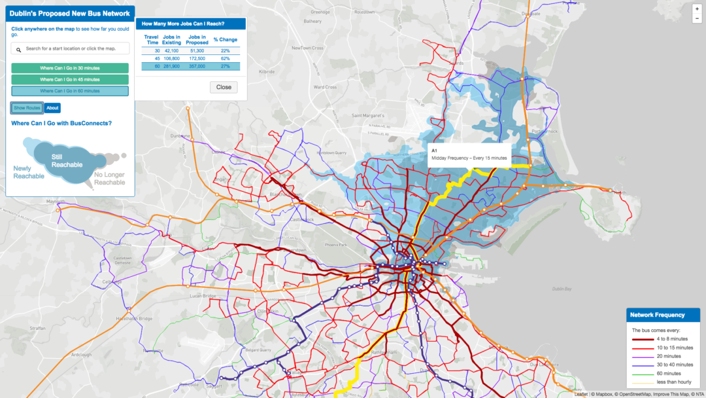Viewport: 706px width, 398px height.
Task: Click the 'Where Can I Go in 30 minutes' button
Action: (x=70, y=68)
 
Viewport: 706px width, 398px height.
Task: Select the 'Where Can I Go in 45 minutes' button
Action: (x=70, y=79)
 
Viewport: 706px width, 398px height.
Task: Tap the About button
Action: (x=52, y=108)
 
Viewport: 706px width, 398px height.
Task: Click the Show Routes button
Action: (x=27, y=108)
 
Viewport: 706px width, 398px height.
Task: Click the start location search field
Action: (x=70, y=48)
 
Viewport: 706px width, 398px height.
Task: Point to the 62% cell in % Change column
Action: (x=225, y=58)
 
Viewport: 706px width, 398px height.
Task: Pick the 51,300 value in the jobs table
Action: (x=197, y=50)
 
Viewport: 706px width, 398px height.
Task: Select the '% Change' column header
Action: (x=225, y=40)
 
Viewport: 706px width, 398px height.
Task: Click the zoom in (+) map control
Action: (x=697, y=9)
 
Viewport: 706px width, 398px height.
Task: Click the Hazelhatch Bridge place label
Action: (x=133, y=319)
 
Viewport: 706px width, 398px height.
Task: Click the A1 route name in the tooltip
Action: (x=434, y=150)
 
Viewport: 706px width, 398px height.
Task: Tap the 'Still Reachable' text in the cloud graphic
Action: (x=67, y=160)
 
